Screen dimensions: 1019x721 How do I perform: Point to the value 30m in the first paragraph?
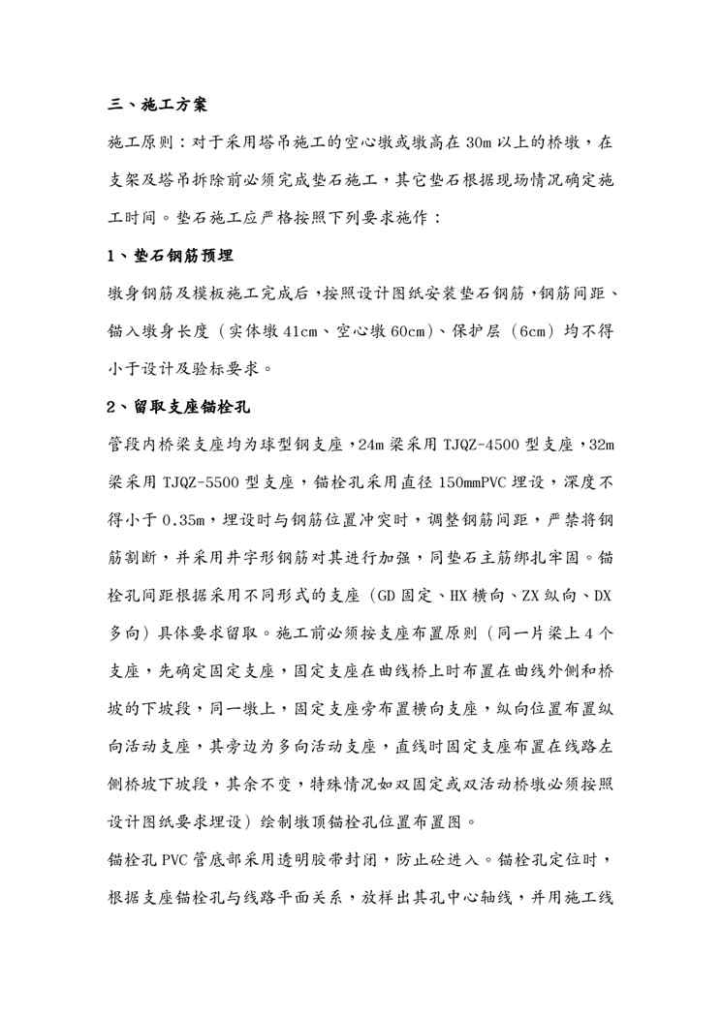click(x=481, y=142)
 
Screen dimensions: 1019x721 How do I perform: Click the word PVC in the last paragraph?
click(x=177, y=859)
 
